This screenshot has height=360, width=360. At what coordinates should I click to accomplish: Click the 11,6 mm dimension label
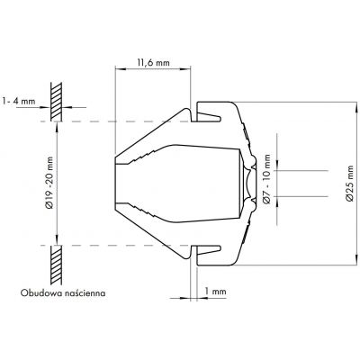pyautogui.click(x=153, y=63)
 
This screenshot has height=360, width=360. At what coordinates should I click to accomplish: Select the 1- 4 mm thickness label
pyautogui.click(x=18, y=101)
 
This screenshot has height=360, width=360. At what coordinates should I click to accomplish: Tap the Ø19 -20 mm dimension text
pyautogui.click(x=49, y=183)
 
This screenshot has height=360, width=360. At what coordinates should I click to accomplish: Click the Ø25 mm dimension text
pyautogui.click(x=350, y=184)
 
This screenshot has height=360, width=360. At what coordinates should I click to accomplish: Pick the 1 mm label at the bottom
pyautogui.click(x=215, y=291)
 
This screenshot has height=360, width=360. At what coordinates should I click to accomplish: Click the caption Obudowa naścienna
pyautogui.click(x=63, y=292)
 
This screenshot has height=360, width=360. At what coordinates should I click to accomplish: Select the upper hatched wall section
pyautogui.click(x=56, y=102)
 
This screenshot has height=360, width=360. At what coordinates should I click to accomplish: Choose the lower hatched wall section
pyautogui.click(x=56, y=265)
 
